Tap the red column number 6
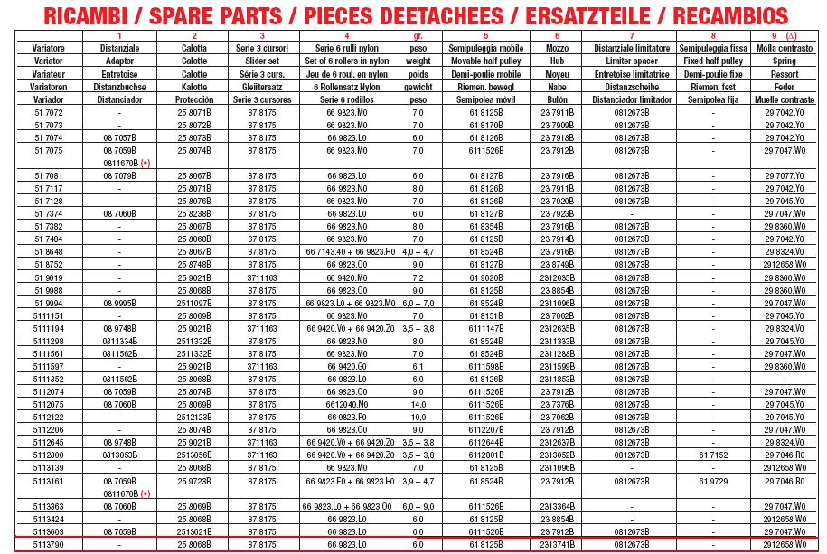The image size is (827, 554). [557, 35]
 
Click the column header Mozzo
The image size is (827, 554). [557, 47]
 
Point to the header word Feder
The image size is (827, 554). [783, 86]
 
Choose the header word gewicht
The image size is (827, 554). [418, 86]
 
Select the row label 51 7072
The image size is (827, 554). [48, 112]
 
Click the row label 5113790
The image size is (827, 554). [48, 545]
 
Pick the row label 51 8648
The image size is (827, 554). [48, 251]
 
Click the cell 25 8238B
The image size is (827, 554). [193, 213]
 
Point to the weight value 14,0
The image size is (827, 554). [418, 405]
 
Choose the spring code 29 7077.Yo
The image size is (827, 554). [783, 175]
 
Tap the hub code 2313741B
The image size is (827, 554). [557, 545]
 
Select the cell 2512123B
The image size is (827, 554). [193, 418]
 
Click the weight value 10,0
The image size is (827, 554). [418, 418]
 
